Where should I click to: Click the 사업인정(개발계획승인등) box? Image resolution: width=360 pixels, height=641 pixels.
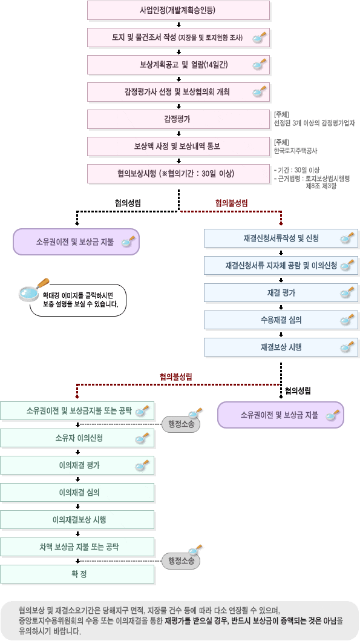click(x=178, y=10)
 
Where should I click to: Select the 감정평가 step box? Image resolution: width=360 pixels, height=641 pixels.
click(x=178, y=119)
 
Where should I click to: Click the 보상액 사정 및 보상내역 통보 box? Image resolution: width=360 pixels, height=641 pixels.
click(x=178, y=146)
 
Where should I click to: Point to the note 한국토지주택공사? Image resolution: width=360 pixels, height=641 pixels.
click(x=295, y=151)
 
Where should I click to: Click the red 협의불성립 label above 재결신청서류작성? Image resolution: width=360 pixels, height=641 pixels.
click(x=231, y=203)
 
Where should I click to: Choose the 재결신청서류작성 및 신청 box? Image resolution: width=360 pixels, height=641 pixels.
click(x=281, y=238)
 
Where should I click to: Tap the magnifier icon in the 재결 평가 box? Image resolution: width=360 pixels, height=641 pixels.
click(x=347, y=293)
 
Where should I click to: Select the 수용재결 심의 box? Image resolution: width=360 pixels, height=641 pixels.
click(x=281, y=320)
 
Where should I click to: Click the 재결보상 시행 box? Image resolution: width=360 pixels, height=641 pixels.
click(x=281, y=347)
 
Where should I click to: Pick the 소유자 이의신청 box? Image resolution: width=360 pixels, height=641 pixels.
click(x=77, y=438)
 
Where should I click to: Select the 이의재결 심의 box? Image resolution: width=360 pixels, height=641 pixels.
click(x=77, y=493)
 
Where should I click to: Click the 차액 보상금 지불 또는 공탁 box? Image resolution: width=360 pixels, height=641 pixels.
click(x=77, y=547)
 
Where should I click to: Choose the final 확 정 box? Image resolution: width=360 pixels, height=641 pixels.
click(x=77, y=574)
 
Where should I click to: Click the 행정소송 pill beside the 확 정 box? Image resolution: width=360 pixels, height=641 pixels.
click(x=181, y=561)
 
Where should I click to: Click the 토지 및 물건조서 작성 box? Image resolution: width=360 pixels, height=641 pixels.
click(x=178, y=38)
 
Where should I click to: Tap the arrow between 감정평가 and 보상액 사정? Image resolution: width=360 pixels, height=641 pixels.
click(x=178, y=133)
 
